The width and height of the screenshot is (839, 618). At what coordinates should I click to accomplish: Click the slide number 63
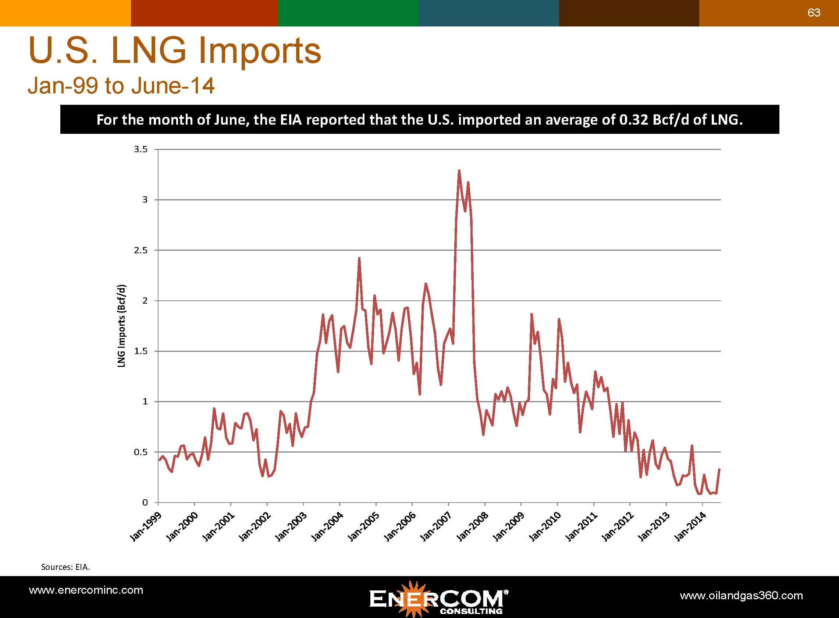[x=814, y=13]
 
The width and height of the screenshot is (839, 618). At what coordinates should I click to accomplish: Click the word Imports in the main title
[x=259, y=51]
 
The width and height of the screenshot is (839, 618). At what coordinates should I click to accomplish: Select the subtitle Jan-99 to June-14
[x=121, y=86]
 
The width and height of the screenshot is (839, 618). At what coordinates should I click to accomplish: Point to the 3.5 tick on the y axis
[x=141, y=150]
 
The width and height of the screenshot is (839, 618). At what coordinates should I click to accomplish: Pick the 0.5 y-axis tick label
[x=141, y=452]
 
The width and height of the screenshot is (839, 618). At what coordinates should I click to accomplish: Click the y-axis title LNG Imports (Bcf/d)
[x=122, y=326]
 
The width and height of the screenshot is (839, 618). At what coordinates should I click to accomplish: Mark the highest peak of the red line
[x=459, y=171]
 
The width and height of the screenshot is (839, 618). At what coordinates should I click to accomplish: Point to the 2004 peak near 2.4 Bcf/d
[x=359, y=258]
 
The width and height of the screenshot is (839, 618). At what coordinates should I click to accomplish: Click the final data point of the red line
[x=719, y=469]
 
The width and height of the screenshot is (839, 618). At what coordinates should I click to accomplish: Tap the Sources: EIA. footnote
[x=65, y=567]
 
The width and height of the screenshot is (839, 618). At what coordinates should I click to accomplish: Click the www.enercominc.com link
[x=86, y=590]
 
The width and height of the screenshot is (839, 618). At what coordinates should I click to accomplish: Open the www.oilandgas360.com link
[x=741, y=596]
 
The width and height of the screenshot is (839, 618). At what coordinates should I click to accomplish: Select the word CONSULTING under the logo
[x=471, y=611]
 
